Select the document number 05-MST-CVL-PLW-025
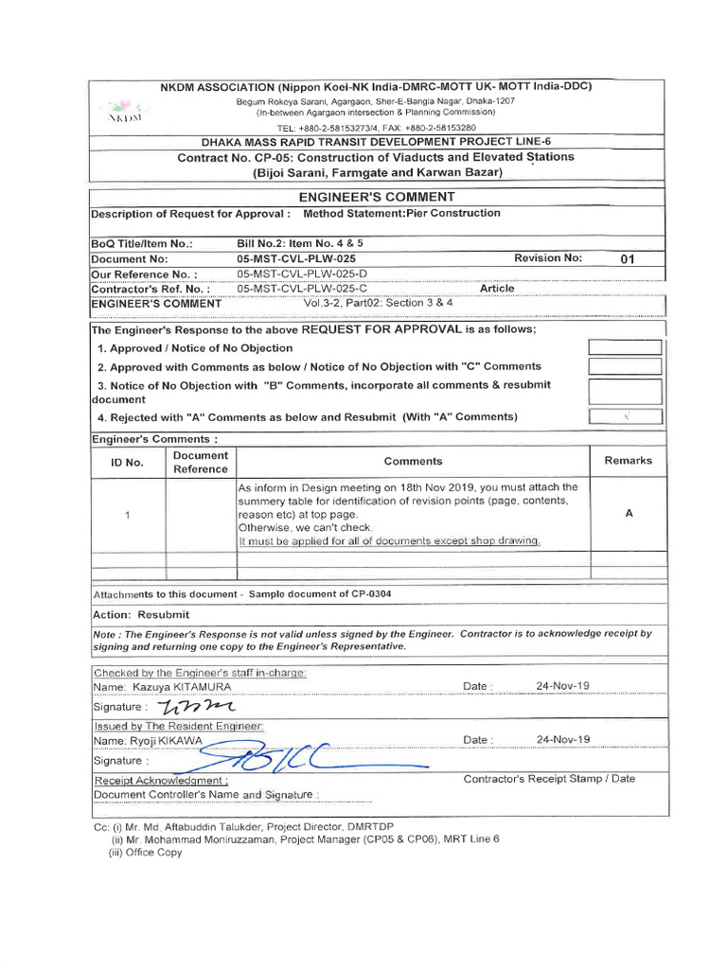(295, 258)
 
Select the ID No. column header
(127, 462)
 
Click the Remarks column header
(628, 461)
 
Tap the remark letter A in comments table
(629, 513)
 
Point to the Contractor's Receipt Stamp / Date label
(549, 779)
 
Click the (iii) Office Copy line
(146, 852)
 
